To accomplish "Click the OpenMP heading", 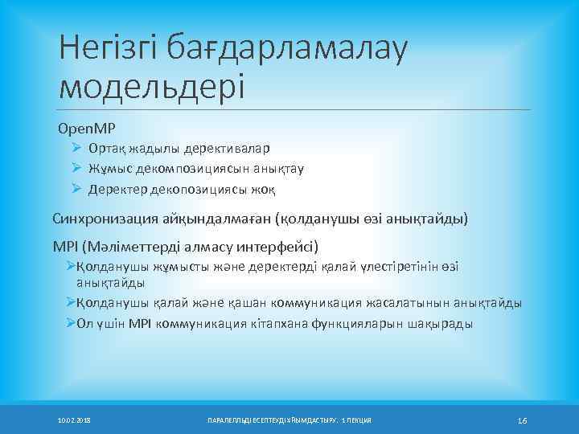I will click(81, 129).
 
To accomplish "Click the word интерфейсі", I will click(277, 245).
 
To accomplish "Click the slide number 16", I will click(521, 420).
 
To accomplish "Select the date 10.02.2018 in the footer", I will click(75, 421).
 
